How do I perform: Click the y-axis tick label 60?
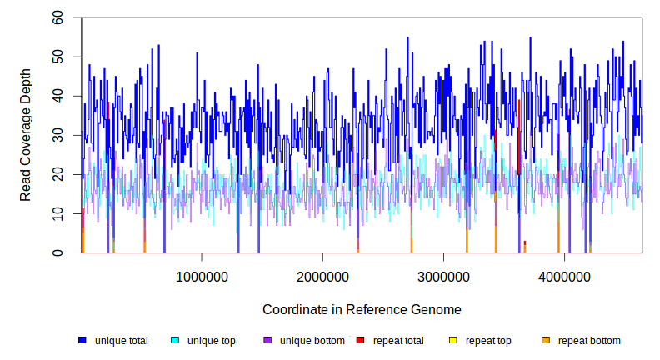click(57, 17)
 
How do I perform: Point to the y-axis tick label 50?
click(57, 57)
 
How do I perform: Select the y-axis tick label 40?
click(57, 96)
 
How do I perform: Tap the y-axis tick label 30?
click(57, 135)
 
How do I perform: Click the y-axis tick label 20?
click(57, 174)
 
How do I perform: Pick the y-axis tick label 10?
click(57, 213)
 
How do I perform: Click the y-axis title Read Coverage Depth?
click(26, 136)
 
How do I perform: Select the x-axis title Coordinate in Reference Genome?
click(362, 310)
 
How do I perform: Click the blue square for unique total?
click(82, 341)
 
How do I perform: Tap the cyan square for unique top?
click(175, 341)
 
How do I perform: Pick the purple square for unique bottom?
click(267, 341)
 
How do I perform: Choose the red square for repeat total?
click(360, 341)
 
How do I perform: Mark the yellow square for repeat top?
click(452, 341)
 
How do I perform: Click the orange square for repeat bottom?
click(545, 341)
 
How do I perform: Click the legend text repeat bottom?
click(589, 341)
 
